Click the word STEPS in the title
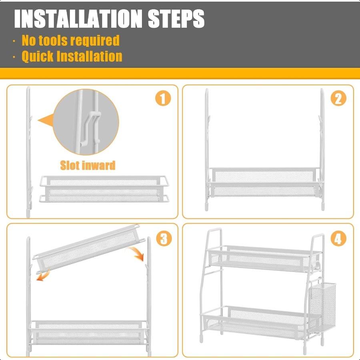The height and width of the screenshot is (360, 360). point(176,19)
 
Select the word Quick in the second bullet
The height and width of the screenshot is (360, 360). point(38,56)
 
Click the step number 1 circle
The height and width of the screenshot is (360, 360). point(163,99)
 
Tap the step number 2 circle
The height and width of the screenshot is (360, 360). point(338,99)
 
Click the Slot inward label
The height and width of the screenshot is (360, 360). point(88,165)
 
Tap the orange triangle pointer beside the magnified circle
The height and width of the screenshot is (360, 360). point(46,120)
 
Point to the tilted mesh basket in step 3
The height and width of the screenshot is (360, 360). point(89,248)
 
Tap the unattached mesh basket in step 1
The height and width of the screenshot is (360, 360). point(104,189)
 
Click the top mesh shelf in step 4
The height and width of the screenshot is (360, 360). point(264,258)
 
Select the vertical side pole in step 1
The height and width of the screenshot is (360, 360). point(28,152)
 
